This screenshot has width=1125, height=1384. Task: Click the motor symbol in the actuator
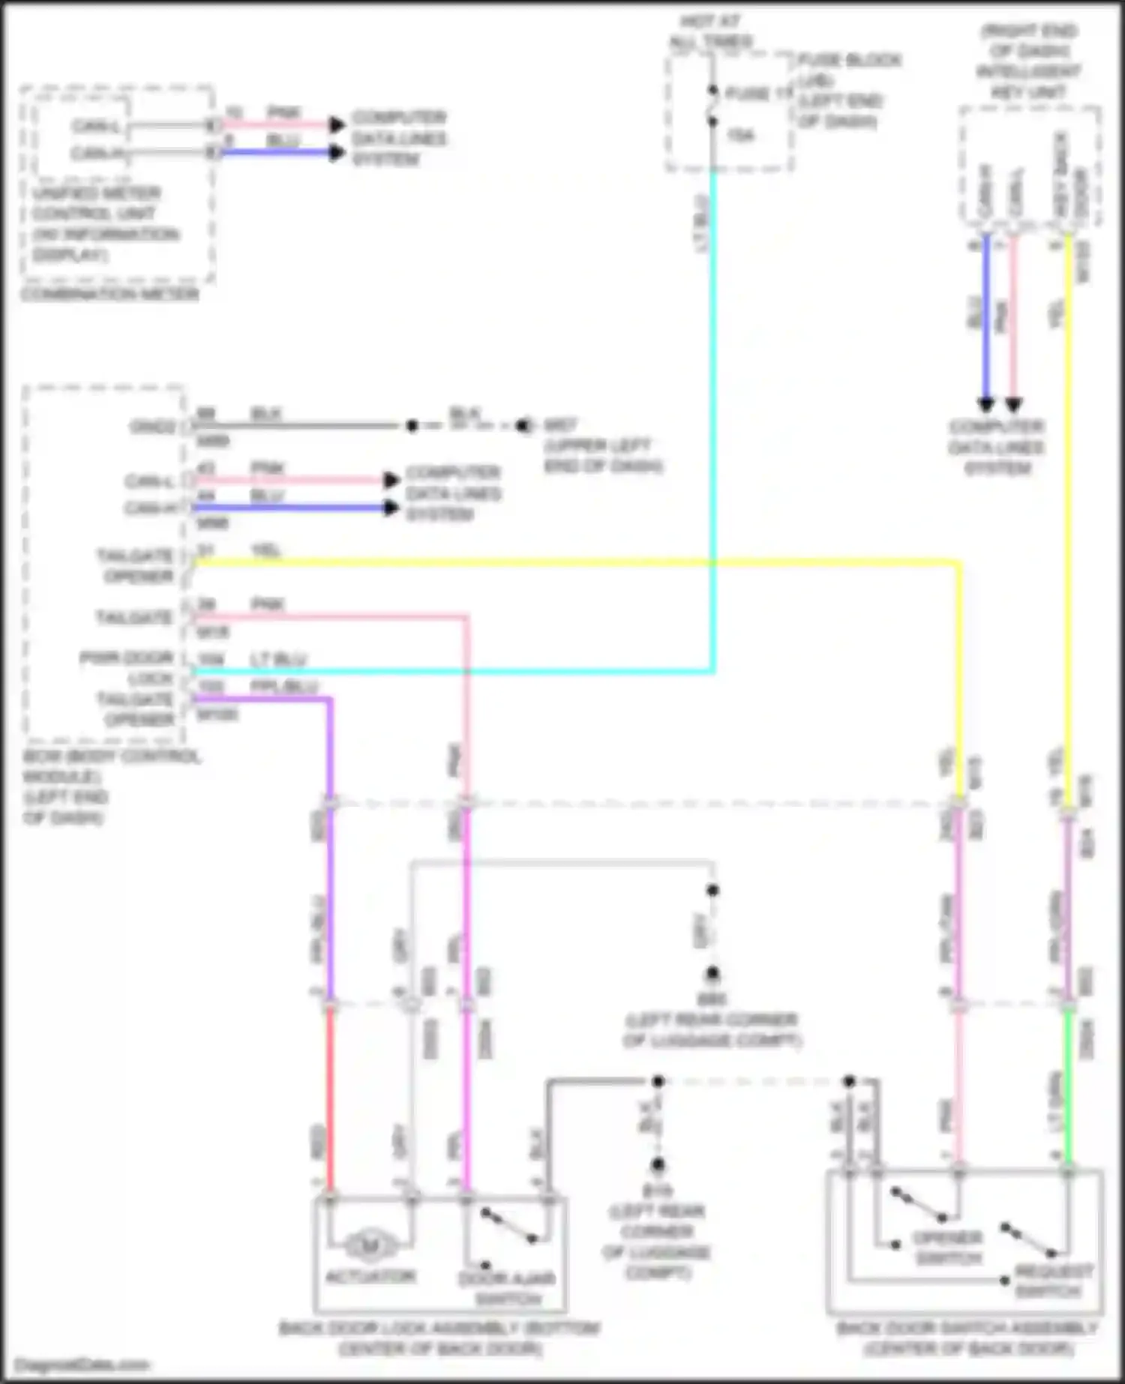(x=370, y=1247)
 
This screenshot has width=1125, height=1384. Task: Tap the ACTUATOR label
(x=370, y=1275)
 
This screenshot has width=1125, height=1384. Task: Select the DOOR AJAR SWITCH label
(x=507, y=1288)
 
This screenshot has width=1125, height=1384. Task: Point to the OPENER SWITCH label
(x=948, y=1248)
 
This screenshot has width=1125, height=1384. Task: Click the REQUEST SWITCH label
(x=1054, y=1281)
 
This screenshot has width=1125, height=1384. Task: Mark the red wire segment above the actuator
(x=329, y=1095)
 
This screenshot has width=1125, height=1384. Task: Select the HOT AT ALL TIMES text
(x=710, y=32)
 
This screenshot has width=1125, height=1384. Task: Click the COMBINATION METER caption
(x=110, y=294)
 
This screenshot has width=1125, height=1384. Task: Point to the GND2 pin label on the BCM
(x=153, y=427)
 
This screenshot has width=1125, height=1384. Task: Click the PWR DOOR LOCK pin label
(x=128, y=668)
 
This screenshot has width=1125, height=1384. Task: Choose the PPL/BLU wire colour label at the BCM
(x=284, y=686)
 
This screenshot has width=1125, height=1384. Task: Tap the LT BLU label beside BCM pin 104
(x=278, y=659)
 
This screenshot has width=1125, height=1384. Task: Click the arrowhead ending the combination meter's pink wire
(x=337, y=124)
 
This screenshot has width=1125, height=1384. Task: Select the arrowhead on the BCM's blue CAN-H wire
(x=391, y=508)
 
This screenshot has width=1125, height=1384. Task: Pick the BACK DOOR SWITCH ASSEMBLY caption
(x=967, y=1339)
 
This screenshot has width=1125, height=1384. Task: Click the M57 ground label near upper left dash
(x=559, y=425)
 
